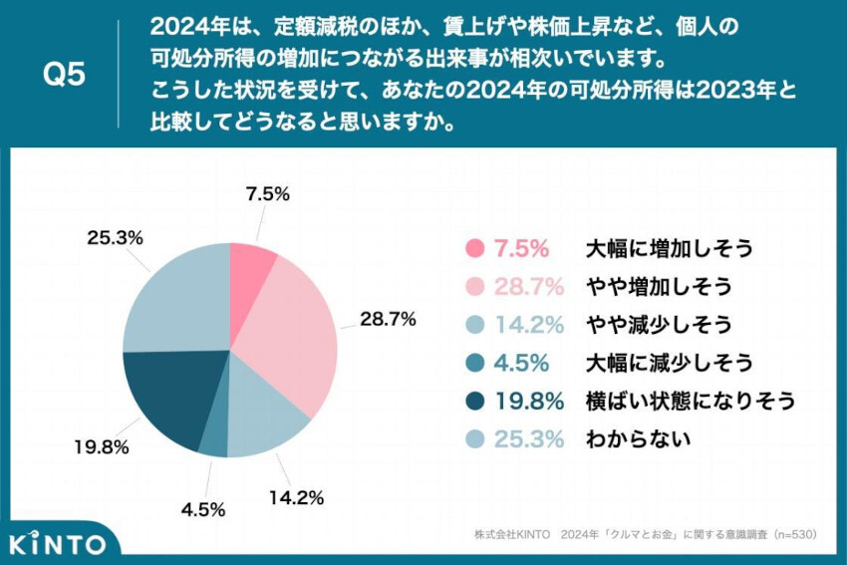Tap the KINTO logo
(x=57, y=544)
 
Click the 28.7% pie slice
(x=295, y=329)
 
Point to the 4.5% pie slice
(x=213, y=439)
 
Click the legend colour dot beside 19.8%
(x=474, y=400)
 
